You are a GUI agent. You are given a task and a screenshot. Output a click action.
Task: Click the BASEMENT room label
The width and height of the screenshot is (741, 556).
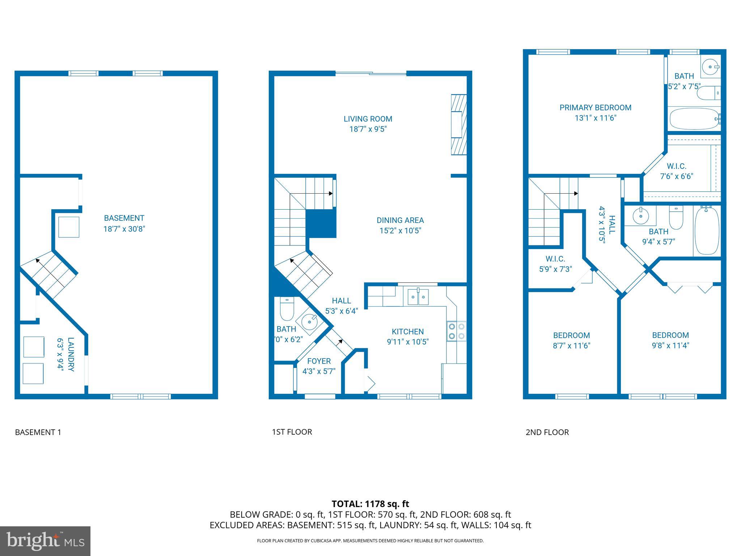coord(124,218)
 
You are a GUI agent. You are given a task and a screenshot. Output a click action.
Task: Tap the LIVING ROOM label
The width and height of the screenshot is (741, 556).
coord(368,119)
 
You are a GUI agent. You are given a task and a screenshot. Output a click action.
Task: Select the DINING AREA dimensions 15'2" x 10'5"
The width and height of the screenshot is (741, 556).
coord(400,231)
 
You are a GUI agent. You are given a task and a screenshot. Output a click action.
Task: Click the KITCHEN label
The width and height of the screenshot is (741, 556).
coord(407,332)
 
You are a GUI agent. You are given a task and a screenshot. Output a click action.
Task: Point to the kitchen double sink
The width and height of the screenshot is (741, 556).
coord(418,297)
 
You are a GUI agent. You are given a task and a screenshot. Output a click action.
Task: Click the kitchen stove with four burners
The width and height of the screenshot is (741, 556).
coord(456,331)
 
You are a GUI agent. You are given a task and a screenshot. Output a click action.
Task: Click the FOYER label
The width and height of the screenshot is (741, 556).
coord(319,361)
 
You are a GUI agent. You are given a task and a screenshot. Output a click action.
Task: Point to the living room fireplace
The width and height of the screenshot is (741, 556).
coord(458,125)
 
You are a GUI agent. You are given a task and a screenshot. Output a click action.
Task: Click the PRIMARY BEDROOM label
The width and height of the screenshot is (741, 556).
coord(595,108)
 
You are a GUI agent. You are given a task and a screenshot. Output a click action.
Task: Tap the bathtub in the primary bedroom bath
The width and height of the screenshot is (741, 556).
coord(694,119)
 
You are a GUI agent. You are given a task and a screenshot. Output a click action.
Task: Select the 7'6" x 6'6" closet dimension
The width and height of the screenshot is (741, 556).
coord(676,177)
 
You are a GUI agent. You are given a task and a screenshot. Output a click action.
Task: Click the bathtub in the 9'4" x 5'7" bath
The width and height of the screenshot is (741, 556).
coord(707,231)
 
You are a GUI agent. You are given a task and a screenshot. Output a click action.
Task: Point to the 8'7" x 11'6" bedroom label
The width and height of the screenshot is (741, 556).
coord(571,336)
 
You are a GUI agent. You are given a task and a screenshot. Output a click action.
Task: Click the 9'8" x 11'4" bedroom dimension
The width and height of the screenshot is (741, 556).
coord(670,345)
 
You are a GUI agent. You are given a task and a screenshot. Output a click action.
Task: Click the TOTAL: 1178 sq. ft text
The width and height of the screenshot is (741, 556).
coord(370,504)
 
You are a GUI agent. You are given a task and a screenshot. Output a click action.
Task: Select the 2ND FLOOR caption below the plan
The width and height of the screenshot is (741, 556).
coord(547,432)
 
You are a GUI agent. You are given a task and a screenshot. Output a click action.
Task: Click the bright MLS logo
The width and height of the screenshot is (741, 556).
coord(45,541)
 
